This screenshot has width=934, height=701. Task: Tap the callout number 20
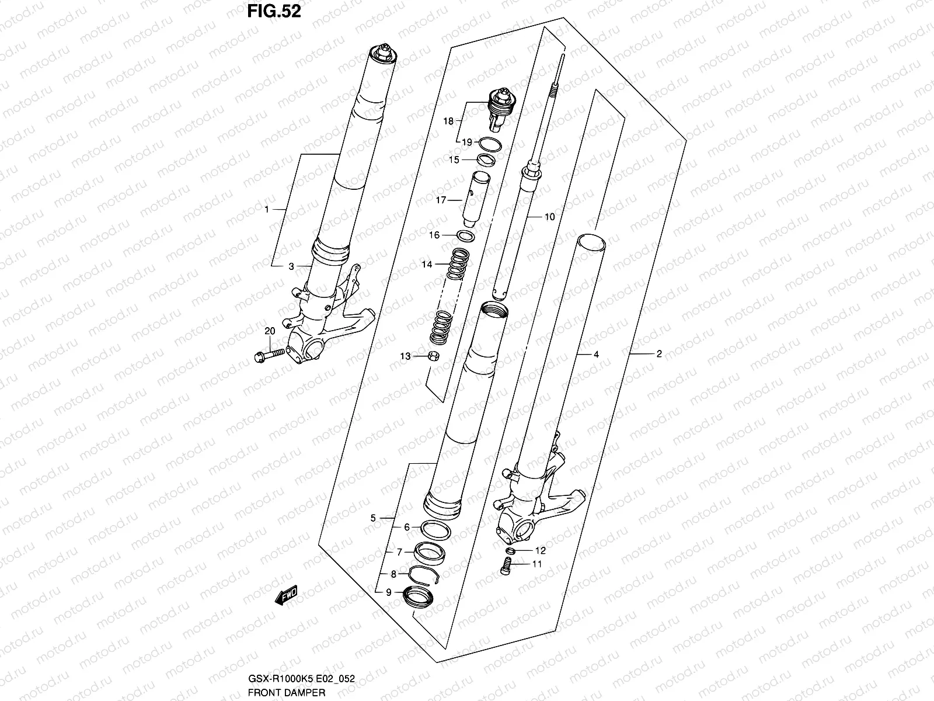click(x=269, y=331)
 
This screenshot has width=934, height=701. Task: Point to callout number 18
click(x=448, y=122)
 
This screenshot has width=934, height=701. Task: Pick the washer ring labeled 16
click(x=465, y=235)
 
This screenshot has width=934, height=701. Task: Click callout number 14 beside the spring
click(x=427, y=265)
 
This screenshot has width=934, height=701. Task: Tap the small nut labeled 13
click(x=433, y=356)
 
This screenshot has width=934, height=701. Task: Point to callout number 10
click(x=549, y=217)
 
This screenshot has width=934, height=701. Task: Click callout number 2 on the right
click(x=659, y=353)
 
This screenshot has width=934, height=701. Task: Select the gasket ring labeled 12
click(x=510, y=550)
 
